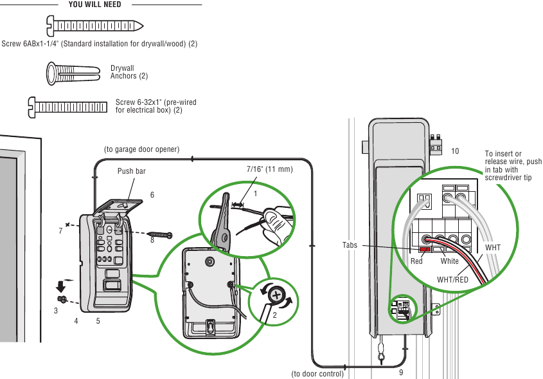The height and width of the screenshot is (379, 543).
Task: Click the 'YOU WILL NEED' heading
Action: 94,5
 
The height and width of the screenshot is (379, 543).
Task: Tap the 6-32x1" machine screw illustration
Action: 67,105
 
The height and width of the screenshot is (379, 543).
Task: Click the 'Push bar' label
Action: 131,172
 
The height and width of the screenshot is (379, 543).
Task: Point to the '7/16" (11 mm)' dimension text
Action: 269,170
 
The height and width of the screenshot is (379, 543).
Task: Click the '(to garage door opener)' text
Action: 141,149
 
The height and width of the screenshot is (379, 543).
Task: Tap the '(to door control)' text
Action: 317,373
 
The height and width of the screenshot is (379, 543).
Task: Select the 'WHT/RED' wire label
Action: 452,280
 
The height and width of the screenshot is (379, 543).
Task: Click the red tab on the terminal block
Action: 425,249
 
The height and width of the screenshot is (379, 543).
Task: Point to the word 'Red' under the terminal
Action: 416,261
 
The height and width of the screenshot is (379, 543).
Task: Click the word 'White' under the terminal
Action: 450,261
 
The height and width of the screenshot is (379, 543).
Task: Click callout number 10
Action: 455,151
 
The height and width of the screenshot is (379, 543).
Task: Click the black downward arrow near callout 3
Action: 61,286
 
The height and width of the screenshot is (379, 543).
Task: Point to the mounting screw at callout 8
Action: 160,235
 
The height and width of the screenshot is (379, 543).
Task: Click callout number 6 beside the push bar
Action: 152,194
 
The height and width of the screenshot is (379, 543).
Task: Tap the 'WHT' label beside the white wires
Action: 492,248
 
